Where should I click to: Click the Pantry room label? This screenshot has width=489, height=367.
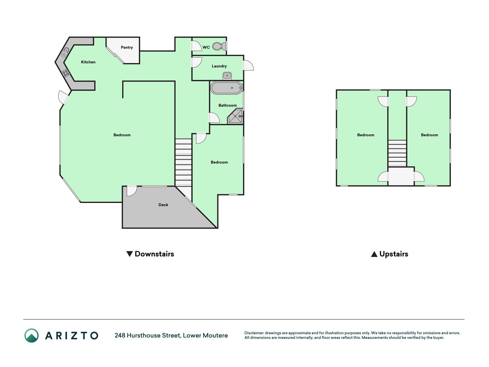click(x=127, y=47)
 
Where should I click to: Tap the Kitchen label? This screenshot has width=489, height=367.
click(x=88, y=62)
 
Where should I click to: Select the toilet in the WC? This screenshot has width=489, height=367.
click(x=219, y=46)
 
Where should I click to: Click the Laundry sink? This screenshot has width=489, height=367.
click(x=227, y=76)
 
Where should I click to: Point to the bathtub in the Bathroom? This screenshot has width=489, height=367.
click(x=226, y=88)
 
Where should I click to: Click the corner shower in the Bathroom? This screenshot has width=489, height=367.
click(x=235, y=116)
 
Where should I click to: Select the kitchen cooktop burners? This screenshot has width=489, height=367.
click(x=66, y=73)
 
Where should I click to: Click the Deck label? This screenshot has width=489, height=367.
click(x=163, y=205)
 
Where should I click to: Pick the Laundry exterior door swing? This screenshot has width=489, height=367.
click(x=248, y=65)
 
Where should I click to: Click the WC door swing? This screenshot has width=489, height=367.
click(x=196, y=46)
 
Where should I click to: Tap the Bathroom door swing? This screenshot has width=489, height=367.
click(x=214, y=118)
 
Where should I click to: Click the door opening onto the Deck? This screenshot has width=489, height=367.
click(x=132, y=191)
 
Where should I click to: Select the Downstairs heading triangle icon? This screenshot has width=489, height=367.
click(x=129, y=254)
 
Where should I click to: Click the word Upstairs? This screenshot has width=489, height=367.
click(x=394, y=254)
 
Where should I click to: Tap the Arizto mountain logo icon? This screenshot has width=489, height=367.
click(x=32, y=335)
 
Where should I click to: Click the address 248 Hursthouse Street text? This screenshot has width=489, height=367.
click(x=148, y=335)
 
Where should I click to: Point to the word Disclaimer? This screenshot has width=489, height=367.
click(x=254, y=333)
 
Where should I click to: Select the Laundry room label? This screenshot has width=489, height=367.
click(x=219, y=66)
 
